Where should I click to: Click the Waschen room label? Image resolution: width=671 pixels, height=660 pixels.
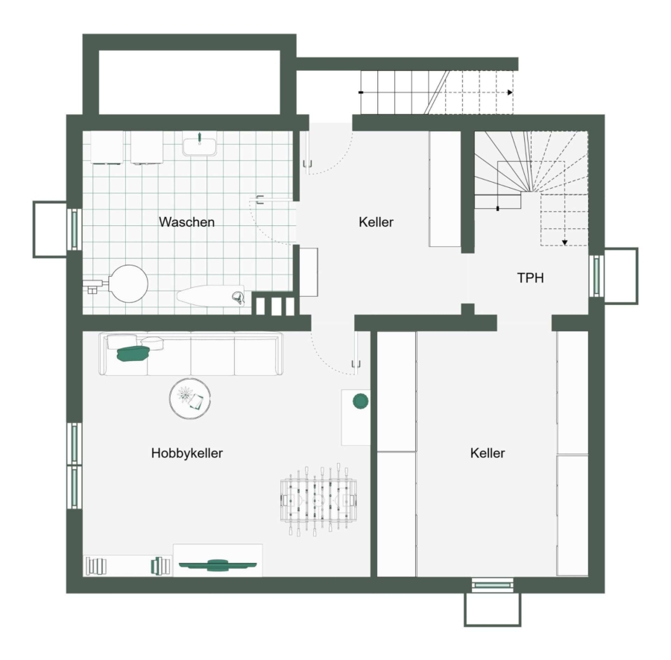[186, 221]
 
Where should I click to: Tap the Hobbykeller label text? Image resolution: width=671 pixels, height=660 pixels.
[187, 453]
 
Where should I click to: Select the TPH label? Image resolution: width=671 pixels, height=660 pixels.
[531, 277]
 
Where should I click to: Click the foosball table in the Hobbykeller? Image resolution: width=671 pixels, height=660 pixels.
[318, 500]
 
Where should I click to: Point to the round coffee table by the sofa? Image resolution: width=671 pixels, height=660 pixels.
[190, 398]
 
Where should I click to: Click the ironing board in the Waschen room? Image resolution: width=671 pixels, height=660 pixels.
[211, 296]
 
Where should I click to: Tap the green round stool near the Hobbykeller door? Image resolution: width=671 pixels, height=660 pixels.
[360, 401]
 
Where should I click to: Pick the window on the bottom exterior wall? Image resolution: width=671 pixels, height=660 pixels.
[492, 585]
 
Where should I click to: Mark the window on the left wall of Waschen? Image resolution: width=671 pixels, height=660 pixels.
[75, 229]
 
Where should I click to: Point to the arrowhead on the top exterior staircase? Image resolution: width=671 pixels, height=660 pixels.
[510, 92]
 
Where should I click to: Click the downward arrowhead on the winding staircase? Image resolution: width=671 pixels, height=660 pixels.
[564, 242]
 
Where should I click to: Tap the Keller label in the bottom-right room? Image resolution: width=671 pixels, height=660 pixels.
[488, 453]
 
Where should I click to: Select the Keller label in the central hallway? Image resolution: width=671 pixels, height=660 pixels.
[376, 221]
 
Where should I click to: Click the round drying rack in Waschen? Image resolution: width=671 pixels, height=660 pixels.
[128, 284]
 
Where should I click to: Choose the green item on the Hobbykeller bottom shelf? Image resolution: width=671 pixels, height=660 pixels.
[218, 565]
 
